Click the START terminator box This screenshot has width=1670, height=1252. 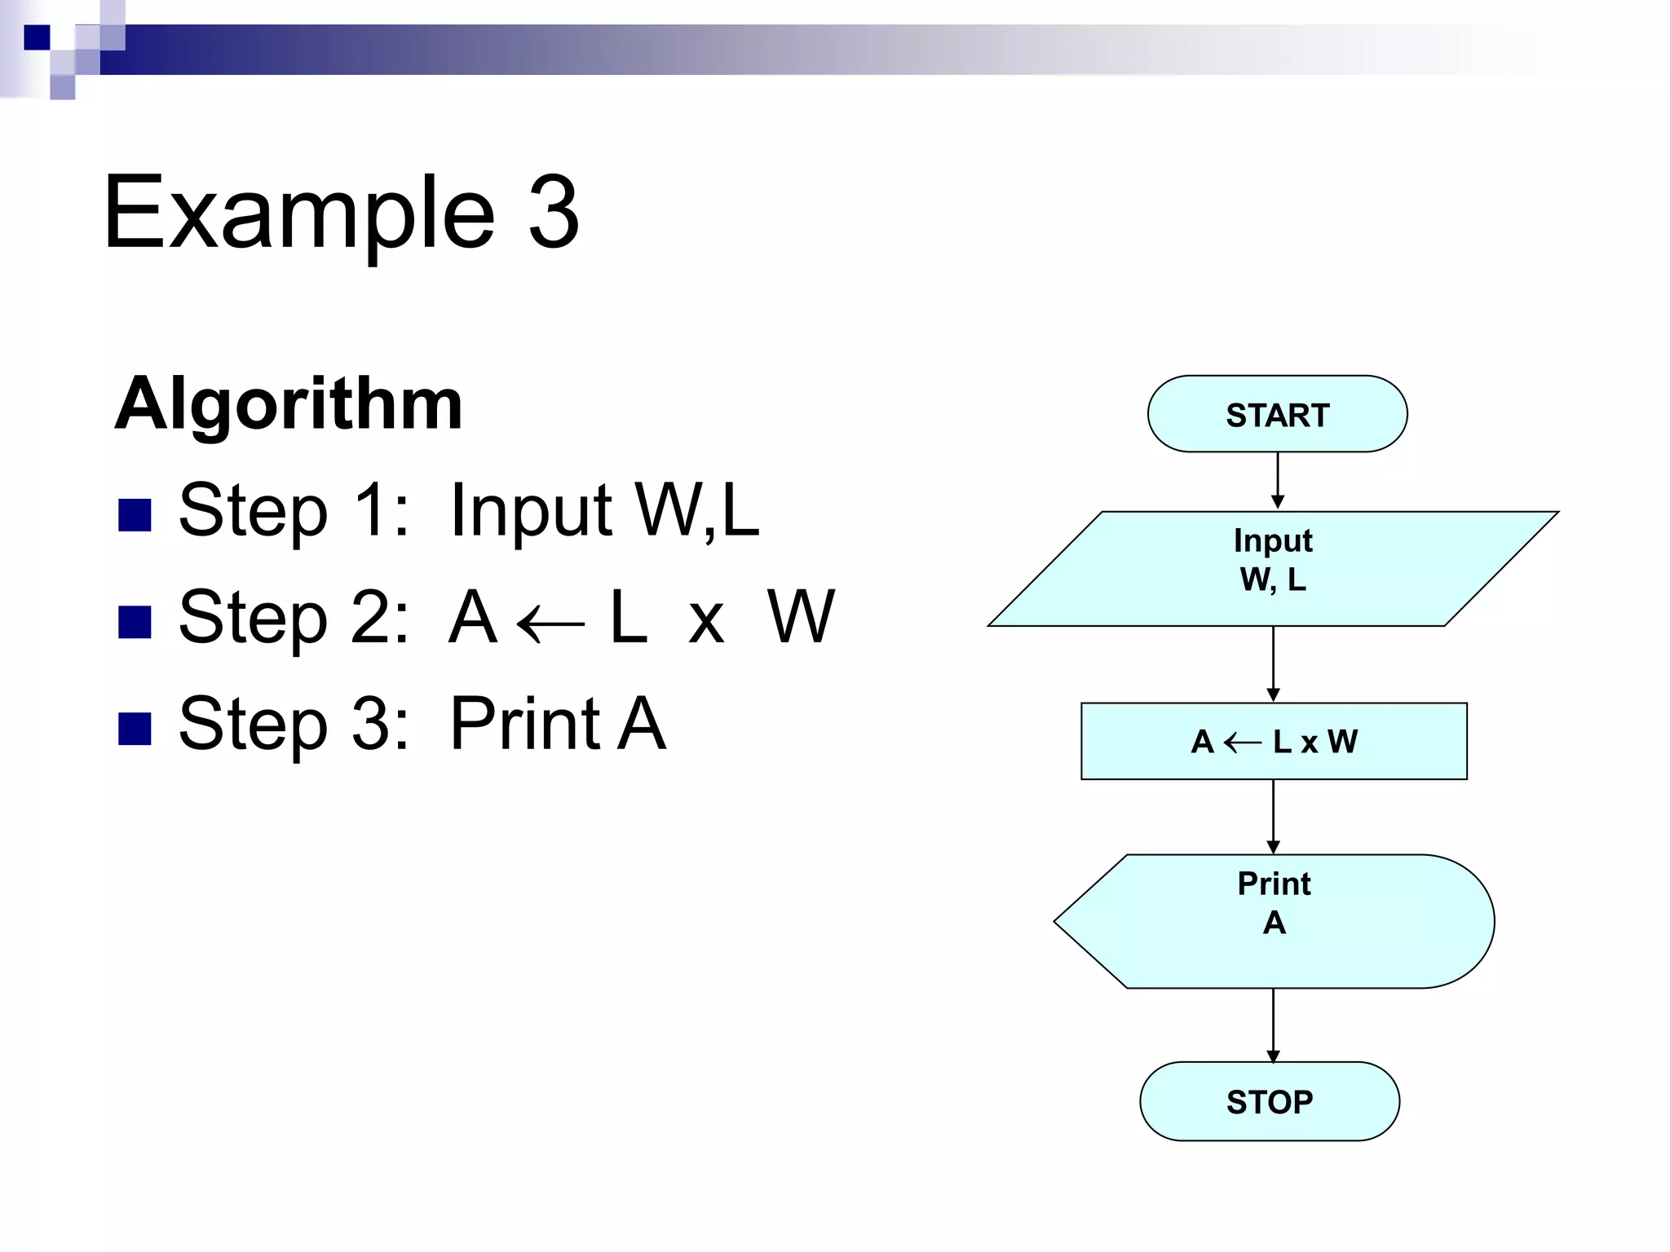click(x=1277, y=414)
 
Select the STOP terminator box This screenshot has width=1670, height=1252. click(x=1270, y=1101)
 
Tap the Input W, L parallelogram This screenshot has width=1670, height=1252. click(x=1273, y=569)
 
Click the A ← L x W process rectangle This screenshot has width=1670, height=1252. click(x=1274, y=741)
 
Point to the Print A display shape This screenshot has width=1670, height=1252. click(x=1274, y=921)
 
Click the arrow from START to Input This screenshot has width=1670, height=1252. click(x=1278, y=481)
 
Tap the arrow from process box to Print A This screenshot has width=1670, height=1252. click(x=1273, y=816)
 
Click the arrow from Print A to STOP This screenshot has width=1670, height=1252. click(x=1273, y=1025)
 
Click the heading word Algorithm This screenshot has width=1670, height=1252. click(x=289, y=404)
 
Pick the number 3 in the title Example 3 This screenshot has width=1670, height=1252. click(x=554, y=213)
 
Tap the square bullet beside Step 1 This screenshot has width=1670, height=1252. click(x=135, y=515)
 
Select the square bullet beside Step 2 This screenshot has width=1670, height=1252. click(x=135, y=622)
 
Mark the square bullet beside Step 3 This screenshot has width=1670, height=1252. click(x=135, y=729)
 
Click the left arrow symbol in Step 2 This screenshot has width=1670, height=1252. click(x=550, y=624)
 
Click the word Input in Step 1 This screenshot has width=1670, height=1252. click(x=531, y=511)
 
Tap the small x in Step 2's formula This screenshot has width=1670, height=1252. click(x=706, y=624)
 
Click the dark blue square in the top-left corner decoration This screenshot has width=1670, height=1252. click(x=37, y=37)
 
